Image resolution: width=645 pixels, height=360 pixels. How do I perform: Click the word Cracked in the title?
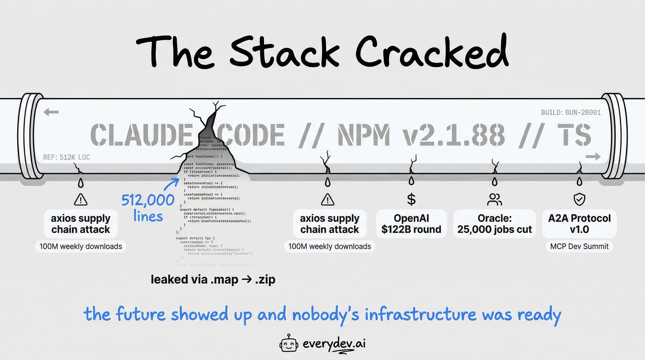[432, 53]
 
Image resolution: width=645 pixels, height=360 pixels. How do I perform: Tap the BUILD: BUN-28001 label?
[571, 113]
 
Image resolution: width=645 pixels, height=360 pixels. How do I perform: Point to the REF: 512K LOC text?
[67, 157]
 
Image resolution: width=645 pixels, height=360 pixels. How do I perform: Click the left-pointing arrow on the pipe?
[51, 112]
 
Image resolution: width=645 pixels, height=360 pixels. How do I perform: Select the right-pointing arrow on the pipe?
[593, 156]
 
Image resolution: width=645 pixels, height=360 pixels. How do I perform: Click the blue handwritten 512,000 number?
[148, 200]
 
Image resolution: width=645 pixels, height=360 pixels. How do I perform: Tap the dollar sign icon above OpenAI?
[411, 199]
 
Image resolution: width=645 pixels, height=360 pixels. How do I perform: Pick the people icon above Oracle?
[494, 199]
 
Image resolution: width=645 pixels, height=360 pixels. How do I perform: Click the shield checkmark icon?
[579, 199]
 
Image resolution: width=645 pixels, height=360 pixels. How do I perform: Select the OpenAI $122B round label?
[411, 224]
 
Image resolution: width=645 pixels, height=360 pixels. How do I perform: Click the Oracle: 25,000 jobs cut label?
[494, 224]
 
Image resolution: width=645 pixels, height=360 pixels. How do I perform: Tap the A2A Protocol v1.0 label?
[579, 224]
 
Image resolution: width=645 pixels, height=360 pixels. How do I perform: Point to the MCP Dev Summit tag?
[579, 246]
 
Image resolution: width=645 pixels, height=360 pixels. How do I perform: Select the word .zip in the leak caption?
[265, 279]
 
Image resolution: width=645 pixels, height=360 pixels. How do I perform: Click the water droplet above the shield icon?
[579, 182]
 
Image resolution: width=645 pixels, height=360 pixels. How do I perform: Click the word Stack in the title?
[285, 53]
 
